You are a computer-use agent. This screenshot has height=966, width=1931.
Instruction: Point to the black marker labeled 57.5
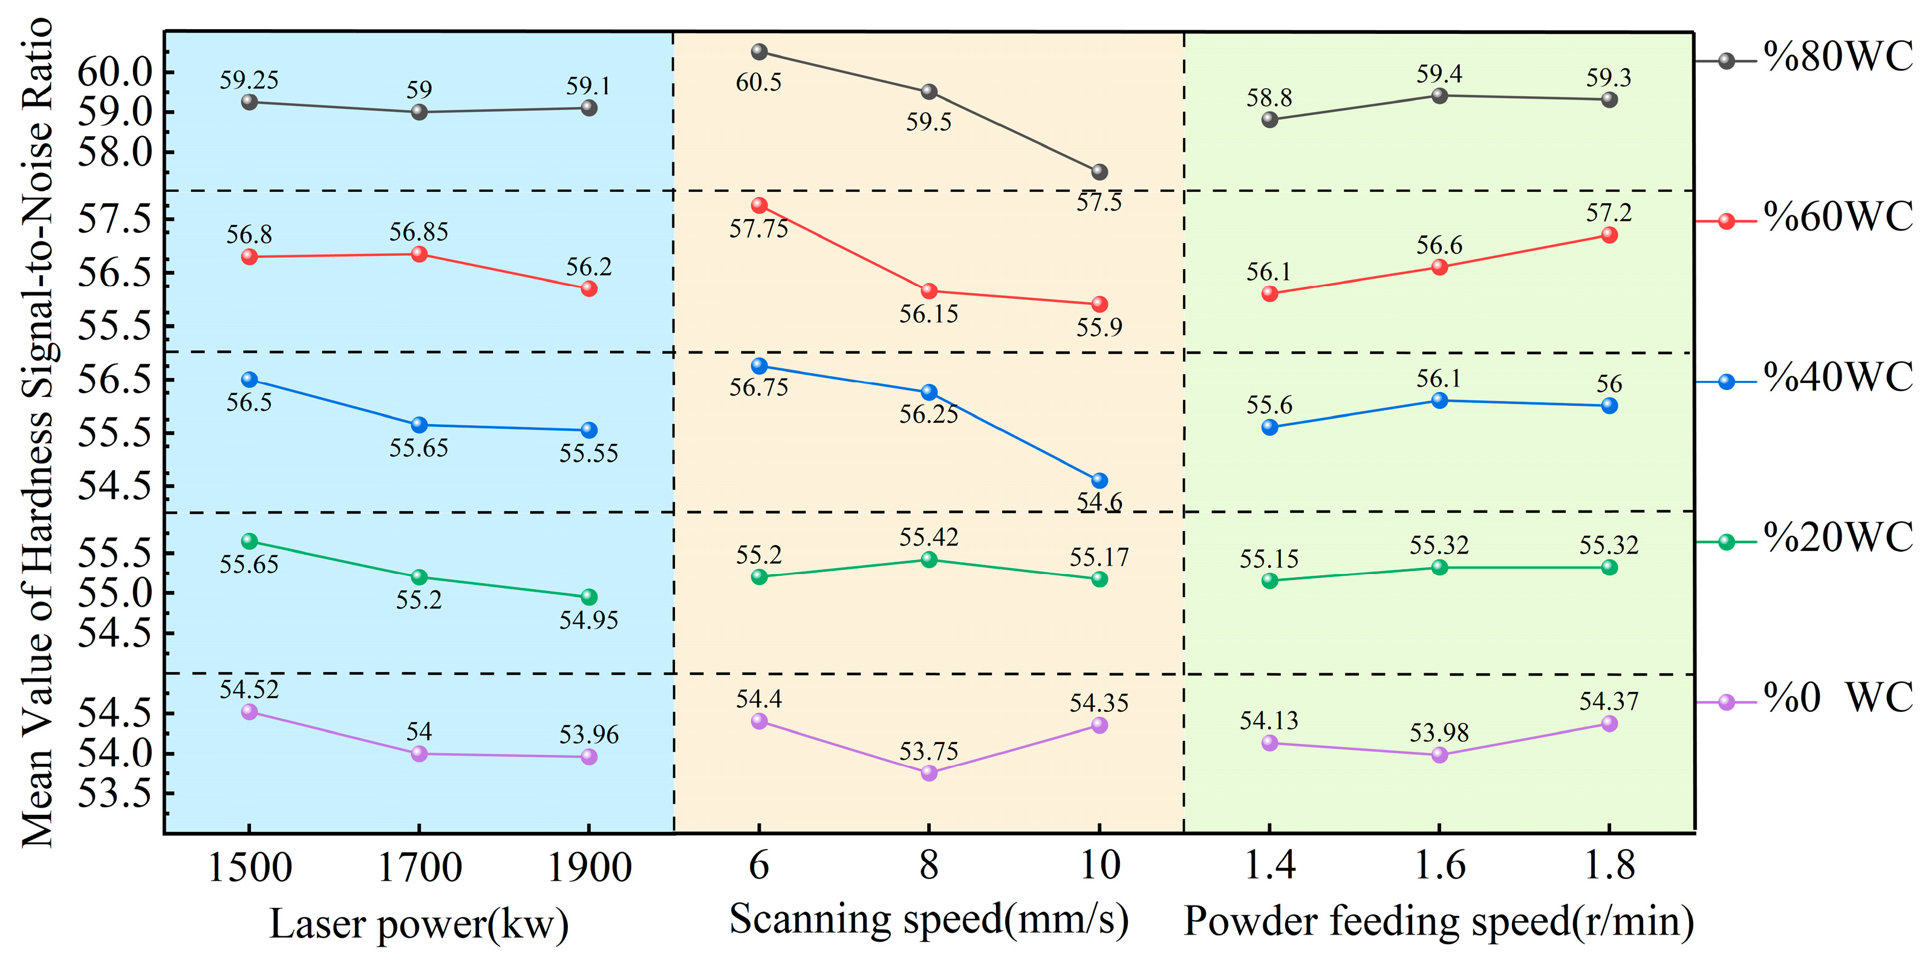click(x=1099, y=172)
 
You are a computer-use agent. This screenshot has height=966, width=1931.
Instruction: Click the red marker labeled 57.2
click(x=1609, y=235)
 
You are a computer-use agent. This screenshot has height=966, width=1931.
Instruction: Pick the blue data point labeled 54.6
click(x=1099, y=481)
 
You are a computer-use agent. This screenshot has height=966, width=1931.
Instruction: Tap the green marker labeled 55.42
click(x=930, y=560)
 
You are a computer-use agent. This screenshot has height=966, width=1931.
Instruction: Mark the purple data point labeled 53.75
click(x=930, y=772)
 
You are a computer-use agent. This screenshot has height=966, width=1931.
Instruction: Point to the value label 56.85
click(x=418, y=232)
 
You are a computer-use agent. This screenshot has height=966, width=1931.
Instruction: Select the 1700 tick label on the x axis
click(x=420, y=868)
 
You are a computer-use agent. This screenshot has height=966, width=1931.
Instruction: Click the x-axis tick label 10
click(x=1099, y=866)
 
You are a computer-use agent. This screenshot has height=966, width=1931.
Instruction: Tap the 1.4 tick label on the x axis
click(x=1269, y=866)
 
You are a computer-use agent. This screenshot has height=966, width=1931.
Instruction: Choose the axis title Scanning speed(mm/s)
click(x=929, y=919)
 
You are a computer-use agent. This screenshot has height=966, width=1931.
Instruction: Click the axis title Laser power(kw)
click(x=419, y=924)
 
